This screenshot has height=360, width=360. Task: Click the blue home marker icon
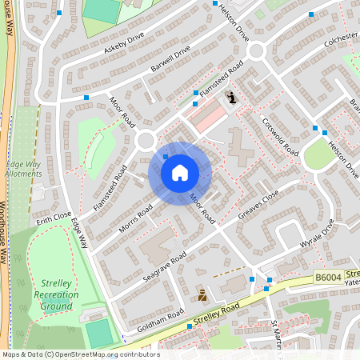180,172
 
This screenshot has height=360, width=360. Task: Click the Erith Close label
54,217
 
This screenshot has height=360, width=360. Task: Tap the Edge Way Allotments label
23,168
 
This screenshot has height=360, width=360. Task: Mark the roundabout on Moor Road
146,141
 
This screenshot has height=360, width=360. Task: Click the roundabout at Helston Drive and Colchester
256,51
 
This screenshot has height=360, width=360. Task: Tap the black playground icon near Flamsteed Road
231,98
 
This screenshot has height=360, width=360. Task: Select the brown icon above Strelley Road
202,294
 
